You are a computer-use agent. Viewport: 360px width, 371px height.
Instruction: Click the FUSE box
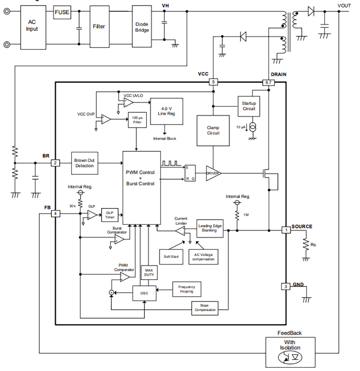tap(62, 12)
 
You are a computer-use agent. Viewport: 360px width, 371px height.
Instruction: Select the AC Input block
tap(32, 25)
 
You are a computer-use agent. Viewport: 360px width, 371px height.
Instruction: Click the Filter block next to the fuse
tap(99, 26)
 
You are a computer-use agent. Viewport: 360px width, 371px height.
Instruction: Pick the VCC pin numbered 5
tap(214, 82)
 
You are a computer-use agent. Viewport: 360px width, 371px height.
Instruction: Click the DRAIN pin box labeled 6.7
tap(269, 82)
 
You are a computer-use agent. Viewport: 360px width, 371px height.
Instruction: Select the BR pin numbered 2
tap(55, 163)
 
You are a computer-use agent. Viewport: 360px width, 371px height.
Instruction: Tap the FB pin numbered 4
tap(55, 214)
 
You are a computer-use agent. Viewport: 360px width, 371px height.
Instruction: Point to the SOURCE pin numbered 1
tap(286, 230)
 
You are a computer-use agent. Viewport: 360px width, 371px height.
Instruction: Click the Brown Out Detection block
tap(84, 163)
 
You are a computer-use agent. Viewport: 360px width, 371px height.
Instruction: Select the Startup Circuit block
tap(249, 106)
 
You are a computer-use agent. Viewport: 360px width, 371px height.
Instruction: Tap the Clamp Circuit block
tap(213, 130)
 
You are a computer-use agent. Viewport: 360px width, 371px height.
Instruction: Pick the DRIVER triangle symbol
tap(213, 173)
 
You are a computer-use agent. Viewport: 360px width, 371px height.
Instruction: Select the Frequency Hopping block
tap(186, 289)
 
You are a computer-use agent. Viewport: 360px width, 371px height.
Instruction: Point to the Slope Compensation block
tap(205, 307)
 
